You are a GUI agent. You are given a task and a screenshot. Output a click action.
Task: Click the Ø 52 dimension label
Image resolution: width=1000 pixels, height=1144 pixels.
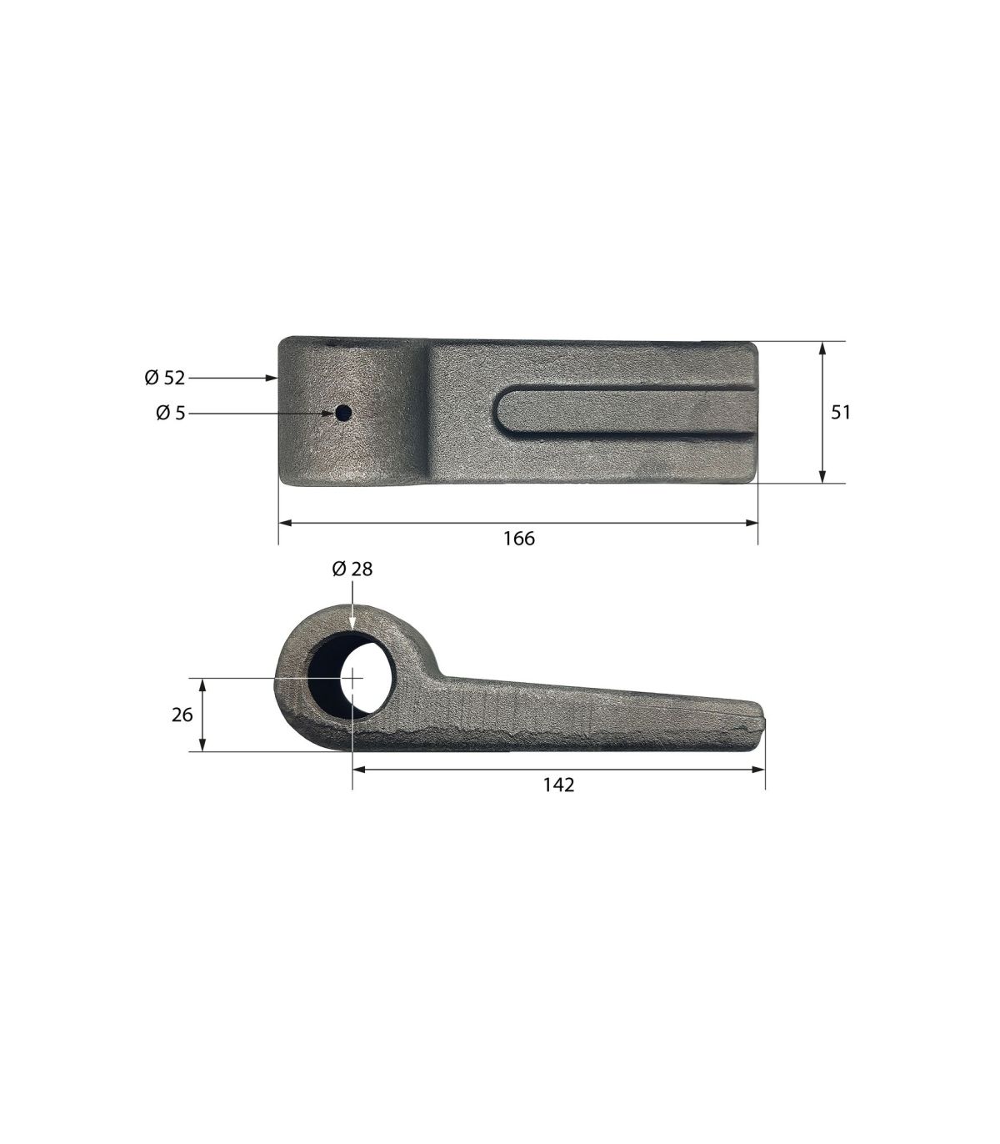pyautogui.click(x=164, y=378)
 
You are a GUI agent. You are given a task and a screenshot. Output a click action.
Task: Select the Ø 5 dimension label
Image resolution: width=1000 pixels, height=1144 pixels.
pyautogui.click(x=170, y=414)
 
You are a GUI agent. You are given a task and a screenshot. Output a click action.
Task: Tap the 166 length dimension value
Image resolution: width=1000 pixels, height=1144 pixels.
pyautogui.click(x=519, y=539)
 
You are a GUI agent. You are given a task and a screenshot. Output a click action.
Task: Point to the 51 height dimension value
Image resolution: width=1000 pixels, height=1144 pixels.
pyautogui.click(x=840, y=412)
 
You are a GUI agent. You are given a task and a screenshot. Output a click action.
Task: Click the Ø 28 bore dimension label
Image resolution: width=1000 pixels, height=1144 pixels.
pyautogui.click(x=352, y=569)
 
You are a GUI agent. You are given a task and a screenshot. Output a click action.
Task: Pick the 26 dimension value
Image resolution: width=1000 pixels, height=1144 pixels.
pyautogui.click(x=182, y=715)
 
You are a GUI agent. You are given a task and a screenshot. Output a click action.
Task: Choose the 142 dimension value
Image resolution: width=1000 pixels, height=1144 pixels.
pyautogui.click(x=558, y=785)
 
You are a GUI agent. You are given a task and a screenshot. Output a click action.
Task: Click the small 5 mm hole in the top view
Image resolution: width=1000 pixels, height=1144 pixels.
pyautogui.click(x=343, y=414)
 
